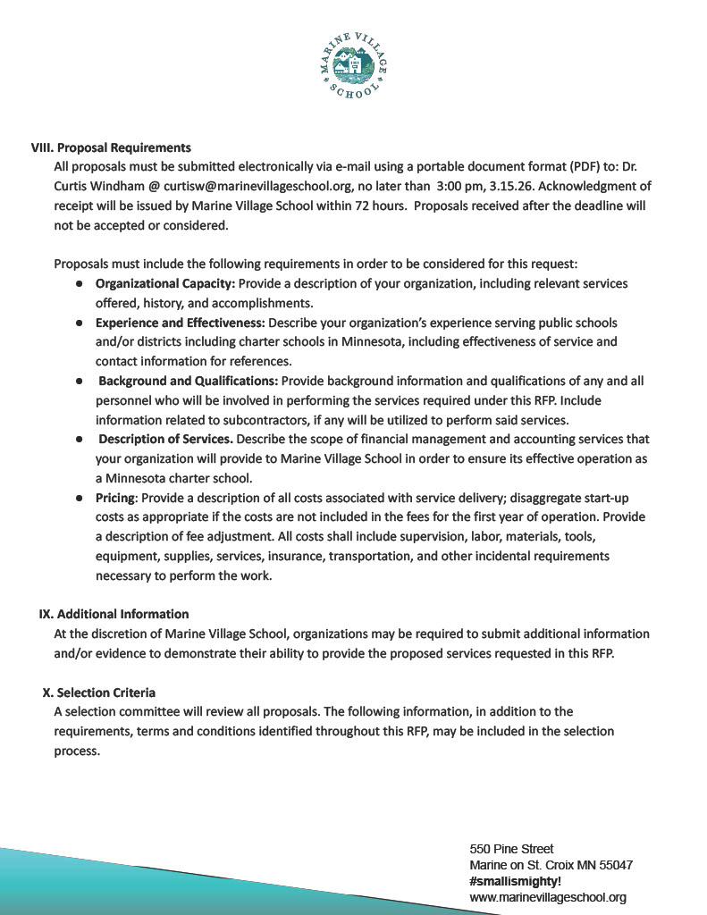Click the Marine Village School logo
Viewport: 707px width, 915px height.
[354, 64]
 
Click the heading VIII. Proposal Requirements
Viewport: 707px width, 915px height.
[112, 147]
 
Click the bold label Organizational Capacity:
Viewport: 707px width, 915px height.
[165, 283]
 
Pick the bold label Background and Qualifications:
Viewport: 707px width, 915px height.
[188, 381]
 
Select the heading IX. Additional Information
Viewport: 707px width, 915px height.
[114, 614]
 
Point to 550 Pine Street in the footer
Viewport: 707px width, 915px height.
[511, 848]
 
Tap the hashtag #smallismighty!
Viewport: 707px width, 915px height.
[515, 881]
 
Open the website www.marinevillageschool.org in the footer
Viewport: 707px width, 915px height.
[547, 897]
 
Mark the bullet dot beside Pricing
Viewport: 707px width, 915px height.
[80, 498]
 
